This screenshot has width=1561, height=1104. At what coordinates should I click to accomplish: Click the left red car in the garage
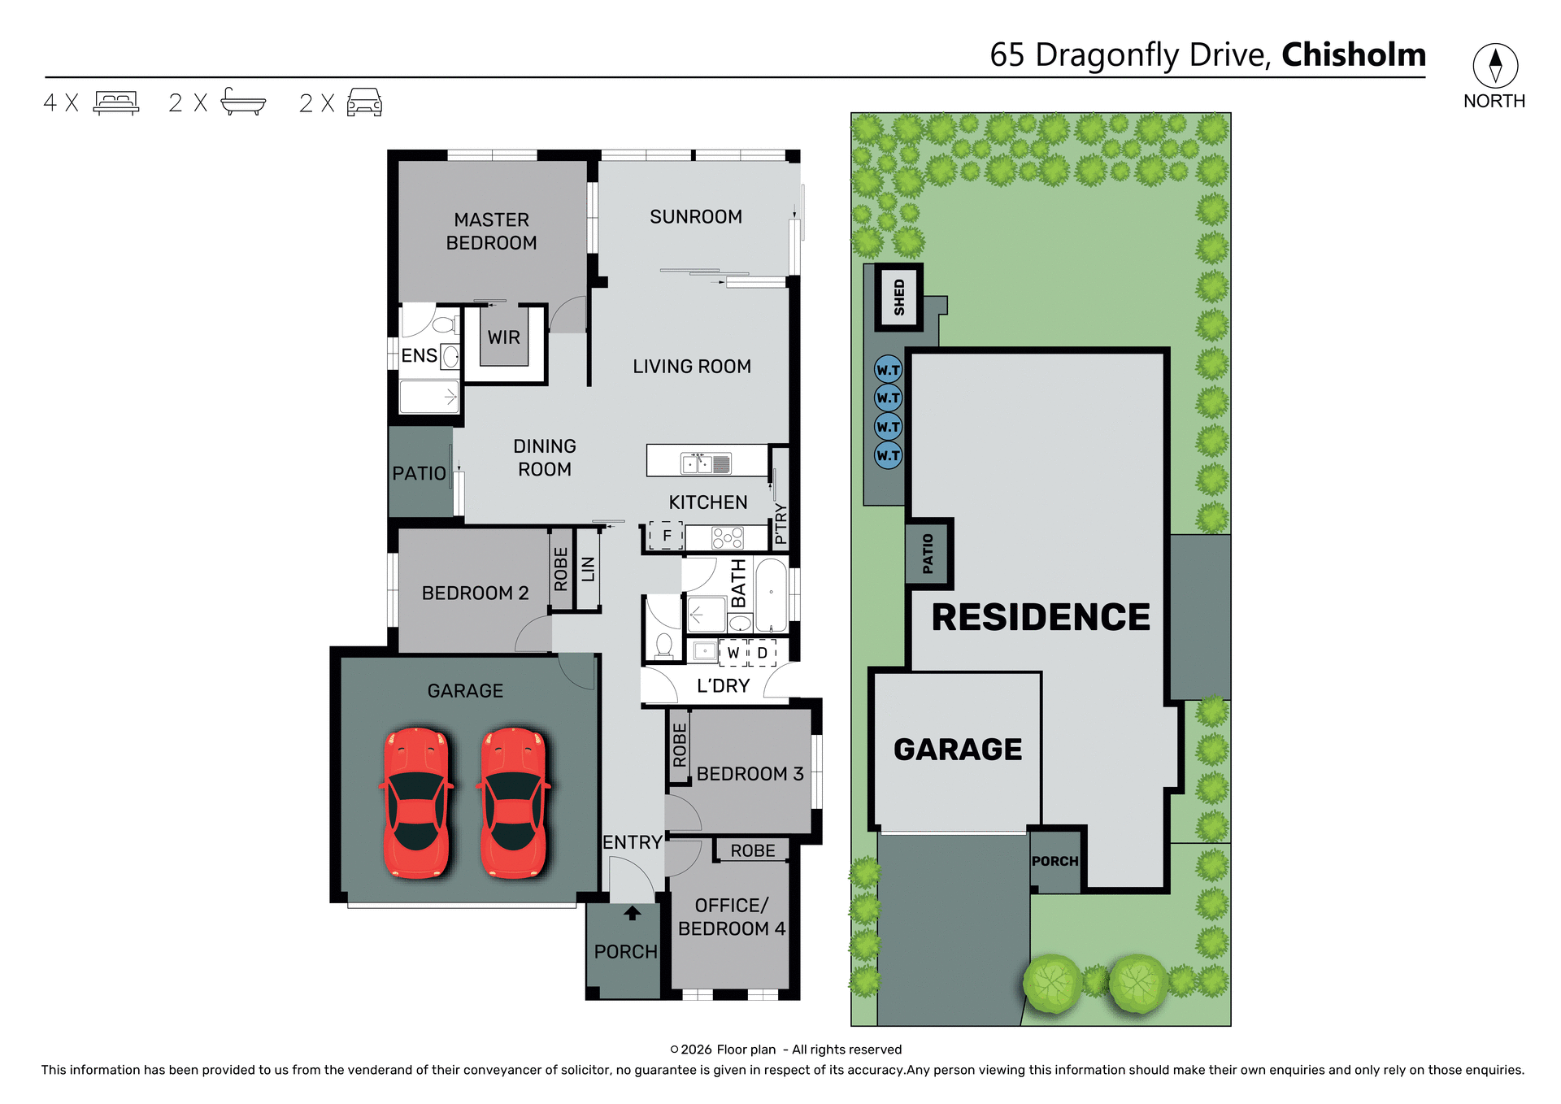416,802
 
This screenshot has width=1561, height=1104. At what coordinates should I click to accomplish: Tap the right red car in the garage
514,802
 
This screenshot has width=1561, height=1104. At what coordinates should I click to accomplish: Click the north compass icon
1494,66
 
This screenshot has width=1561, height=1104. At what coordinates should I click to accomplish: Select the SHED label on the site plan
898,297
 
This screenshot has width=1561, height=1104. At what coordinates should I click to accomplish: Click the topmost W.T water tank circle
888,370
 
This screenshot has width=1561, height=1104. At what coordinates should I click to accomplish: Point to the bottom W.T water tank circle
888,455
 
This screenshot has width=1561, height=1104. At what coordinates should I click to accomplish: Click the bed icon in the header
116,102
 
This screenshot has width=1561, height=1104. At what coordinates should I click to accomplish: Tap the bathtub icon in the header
243,102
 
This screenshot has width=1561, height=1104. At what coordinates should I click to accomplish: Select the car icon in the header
364,102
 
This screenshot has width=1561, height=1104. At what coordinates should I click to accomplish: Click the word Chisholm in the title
1354,54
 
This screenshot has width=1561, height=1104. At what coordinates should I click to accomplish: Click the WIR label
503,337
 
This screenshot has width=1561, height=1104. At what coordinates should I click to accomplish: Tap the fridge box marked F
666,536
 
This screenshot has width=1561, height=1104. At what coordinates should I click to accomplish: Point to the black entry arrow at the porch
633,914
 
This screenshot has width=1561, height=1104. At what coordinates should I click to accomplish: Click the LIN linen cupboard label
588,569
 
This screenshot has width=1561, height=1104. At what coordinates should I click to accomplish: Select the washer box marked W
733,653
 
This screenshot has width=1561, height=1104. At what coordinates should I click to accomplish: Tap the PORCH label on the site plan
1054,861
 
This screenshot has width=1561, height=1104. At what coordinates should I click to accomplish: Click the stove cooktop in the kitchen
727,537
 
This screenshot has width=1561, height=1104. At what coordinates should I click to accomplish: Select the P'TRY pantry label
780,523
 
